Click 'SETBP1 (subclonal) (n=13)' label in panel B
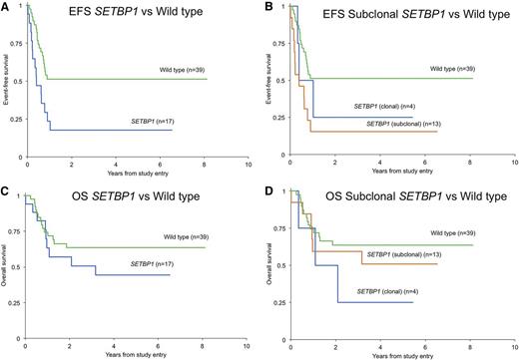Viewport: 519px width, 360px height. click(403, 123)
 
